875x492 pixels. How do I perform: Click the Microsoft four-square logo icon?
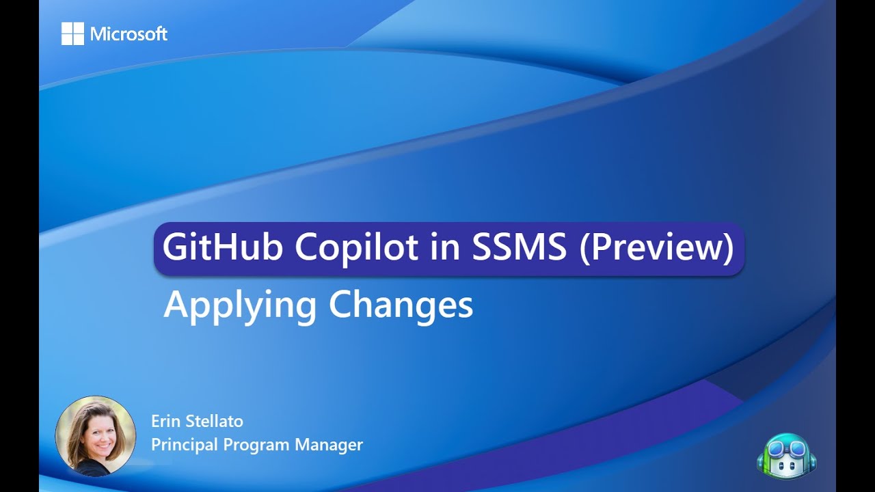point(72,33)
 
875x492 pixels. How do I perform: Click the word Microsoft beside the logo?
point(129,34)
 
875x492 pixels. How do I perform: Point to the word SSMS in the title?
point(519,247)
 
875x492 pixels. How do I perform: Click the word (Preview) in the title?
point(656,247)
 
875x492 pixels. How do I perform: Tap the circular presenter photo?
point(96,435)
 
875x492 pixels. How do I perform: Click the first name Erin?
point(165,422)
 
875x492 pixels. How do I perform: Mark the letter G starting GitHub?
point(175,247)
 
